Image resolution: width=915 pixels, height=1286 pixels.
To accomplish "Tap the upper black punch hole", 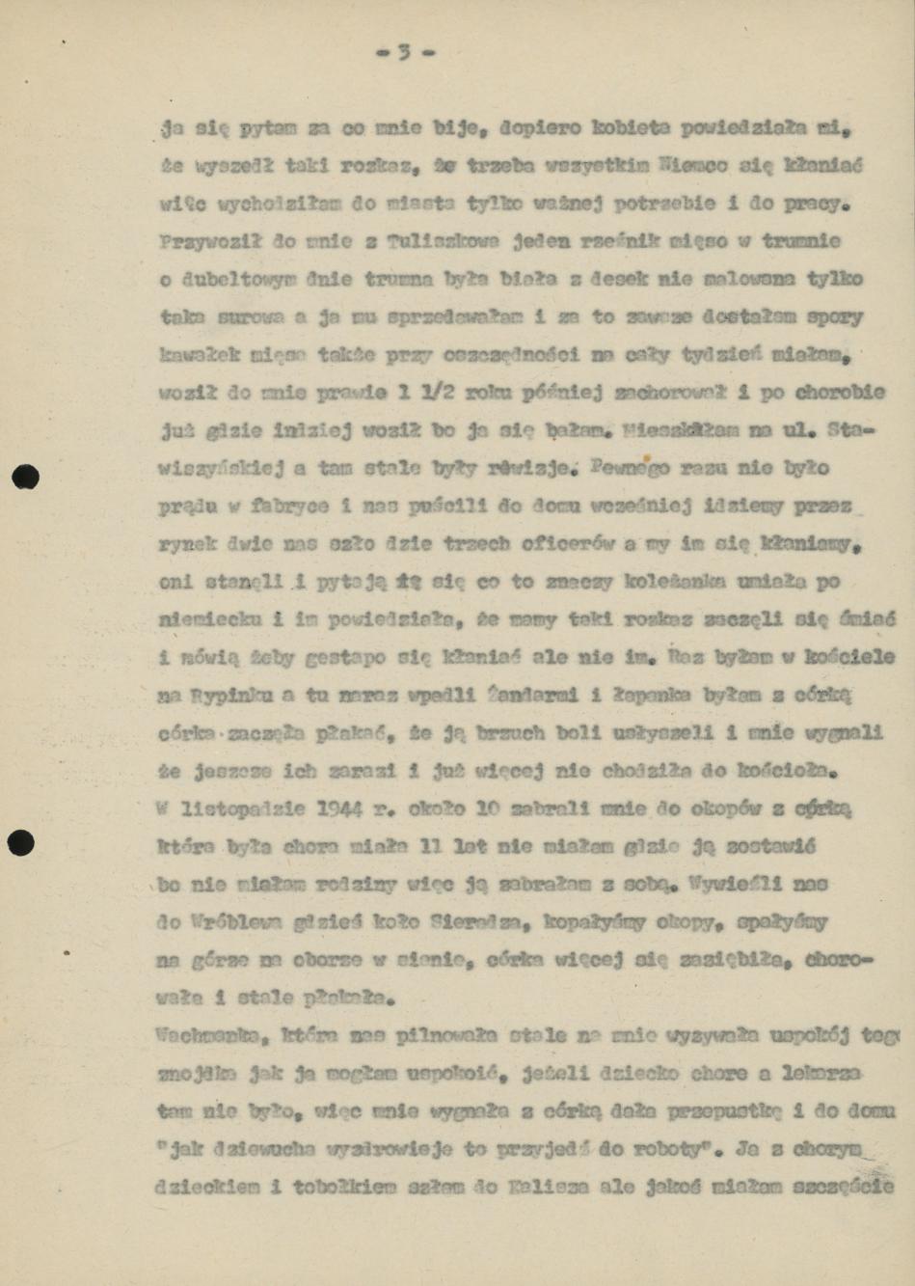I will click(26, 478).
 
